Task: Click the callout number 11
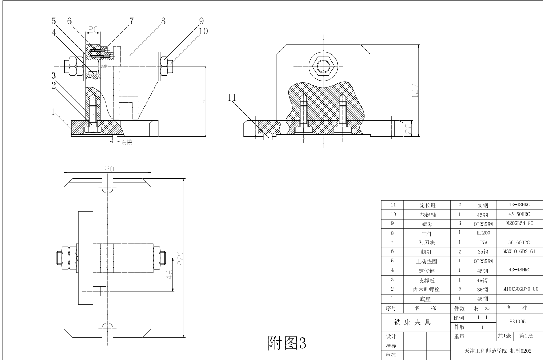[x=232, y=98]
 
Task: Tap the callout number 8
[x=163, y=21]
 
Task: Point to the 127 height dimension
[x=416, y=91]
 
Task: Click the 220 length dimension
[x=180, y=258]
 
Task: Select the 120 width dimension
[x=107, y=169]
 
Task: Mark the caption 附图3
[x=287, y=342]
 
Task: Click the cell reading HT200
[x=482, y=233]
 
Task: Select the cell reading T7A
[x=482, y=242]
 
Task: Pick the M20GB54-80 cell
[x=519, y=223]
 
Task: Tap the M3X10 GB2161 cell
[x=519, y=251]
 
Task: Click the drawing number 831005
[x=517, y=322]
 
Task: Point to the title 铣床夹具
[x=412, y=322]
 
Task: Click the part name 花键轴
[x=427, y=215]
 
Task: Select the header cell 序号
[x=391, y=308]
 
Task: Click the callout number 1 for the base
[x=53, y=112]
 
